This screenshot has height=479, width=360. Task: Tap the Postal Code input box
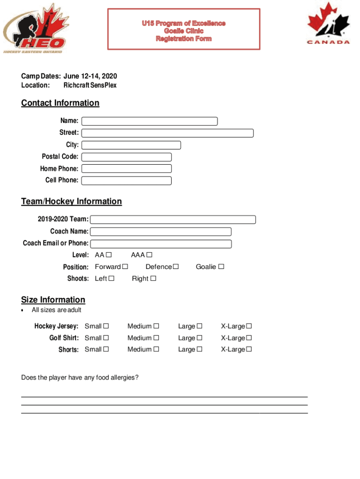pyautogui.click(x=127, y=157)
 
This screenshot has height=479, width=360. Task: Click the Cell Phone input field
pyautogui.click(x=127, y=181)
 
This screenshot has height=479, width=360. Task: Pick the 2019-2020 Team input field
pyautogui.click(x=173, y=219)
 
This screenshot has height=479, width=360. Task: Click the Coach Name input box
pyautogui.click(x=161, y=232)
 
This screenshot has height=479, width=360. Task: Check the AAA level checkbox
pyautogui.click(x=149, y=255)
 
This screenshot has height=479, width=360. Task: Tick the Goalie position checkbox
pyautogui.click(x=221, y=267)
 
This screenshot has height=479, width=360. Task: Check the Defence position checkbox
pyautogui.click(x=176, y=267)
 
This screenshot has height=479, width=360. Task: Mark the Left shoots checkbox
pyautogui.click(x=111, y=279)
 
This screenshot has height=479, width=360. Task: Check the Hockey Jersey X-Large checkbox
pyautogui.click(x=249, y=326)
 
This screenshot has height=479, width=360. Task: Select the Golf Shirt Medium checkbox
pyautogui.click(x=156, y=338)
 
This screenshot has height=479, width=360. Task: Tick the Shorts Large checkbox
pyautogui.click(x=200, y=349)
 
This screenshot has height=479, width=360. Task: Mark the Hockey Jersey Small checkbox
pyautogui.click(x=106, y=326)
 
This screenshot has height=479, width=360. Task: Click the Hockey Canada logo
pyautogui.click(x=328, y=23)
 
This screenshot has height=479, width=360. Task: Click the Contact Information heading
pyautogui.click(x=60, y=103)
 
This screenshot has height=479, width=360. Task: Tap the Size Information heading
pyautogui.click(x=53, y=300)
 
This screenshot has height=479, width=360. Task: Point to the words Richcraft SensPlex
pyautogui.click(x=90, y=85)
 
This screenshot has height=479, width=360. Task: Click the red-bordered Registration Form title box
pyautogui.click(x=184, y=29)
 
